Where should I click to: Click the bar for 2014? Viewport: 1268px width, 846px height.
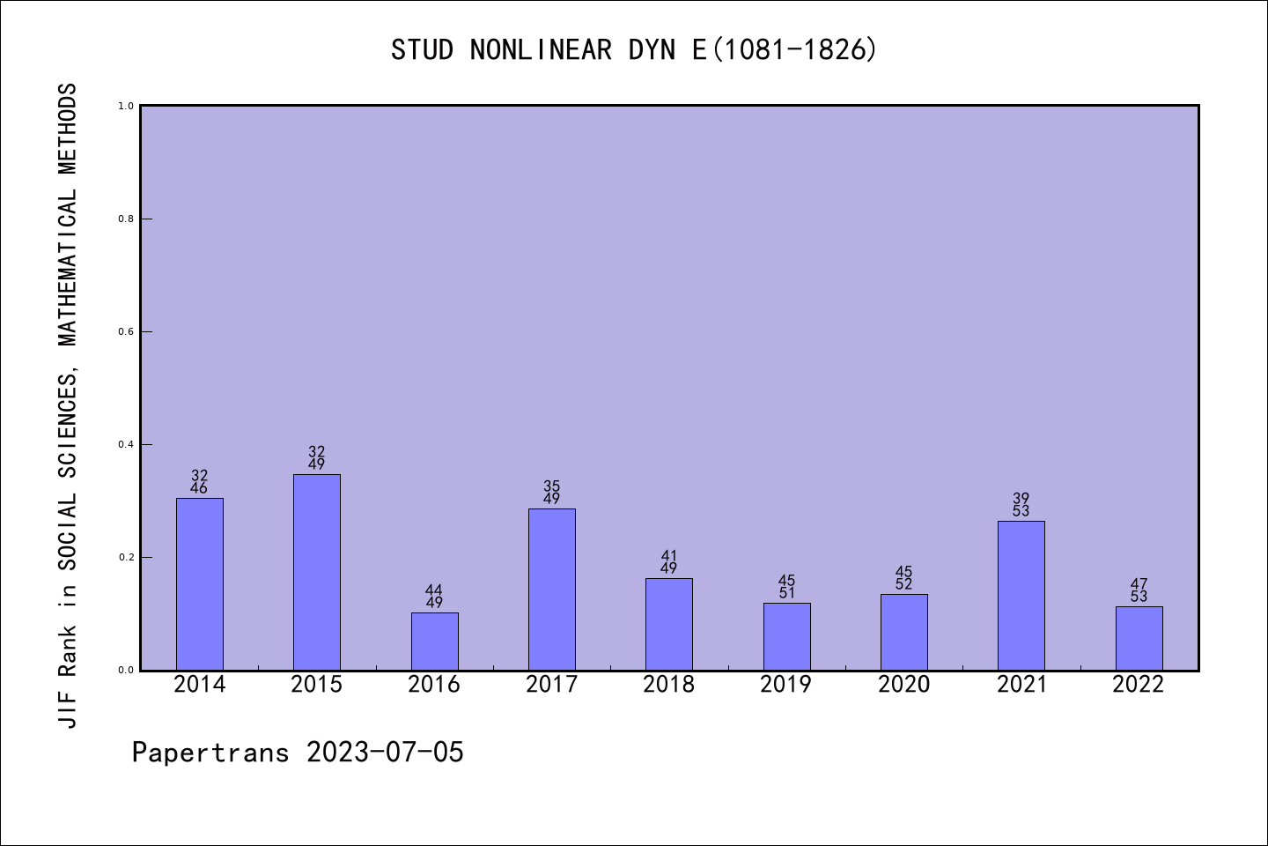(x=200, y=583)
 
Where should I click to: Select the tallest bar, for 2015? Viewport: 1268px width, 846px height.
(x=317, y=572)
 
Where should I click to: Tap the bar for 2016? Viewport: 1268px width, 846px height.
(x=434, y=641)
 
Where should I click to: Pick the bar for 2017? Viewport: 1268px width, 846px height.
(x=552, y=589)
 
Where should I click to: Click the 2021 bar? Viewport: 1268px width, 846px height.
(x=1021, y=595)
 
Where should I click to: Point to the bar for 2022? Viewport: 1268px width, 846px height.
(x=1139, y=638)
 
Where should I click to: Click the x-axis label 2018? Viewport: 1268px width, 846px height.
(x=669, y=685)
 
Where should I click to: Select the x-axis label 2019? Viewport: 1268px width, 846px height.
(x=786, y=685)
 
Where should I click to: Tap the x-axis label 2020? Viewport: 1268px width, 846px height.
(x=904, y=685)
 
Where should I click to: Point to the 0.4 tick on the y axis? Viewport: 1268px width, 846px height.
(x=126, y=444)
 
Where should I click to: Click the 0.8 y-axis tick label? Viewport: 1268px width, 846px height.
(x=126, y=219)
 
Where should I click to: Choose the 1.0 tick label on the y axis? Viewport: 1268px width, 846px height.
(x=126, y=106)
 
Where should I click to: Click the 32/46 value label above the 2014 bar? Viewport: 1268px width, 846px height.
(x=200, y=482)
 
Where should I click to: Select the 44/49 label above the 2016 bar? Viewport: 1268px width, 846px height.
(x=434, y=597)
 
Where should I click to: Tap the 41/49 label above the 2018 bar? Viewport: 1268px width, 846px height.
(x=669, y=562)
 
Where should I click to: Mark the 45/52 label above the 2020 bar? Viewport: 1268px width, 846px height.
(x=904, y=578)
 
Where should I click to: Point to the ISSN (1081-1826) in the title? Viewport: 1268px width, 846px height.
(x=794, y=50)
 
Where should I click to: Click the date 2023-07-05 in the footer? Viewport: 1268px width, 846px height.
(x=385, y=753)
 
